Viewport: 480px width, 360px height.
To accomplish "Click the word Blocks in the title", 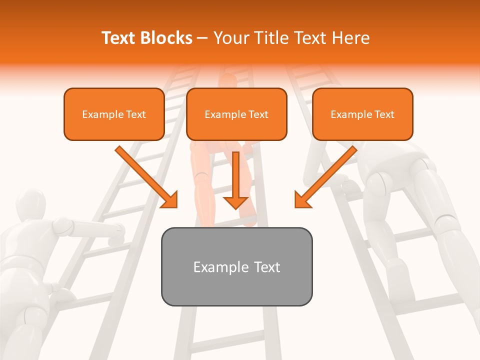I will (x=167, y=38).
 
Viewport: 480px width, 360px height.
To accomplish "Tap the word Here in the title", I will (x=349, y=38).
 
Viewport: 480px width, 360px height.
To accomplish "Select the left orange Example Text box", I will (x=114, y=114).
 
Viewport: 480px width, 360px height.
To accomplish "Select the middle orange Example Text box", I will (x=236, y=114).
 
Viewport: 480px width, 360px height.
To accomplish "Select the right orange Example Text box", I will (x=362, y=114).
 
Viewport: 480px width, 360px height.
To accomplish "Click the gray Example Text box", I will (x=236, y=266).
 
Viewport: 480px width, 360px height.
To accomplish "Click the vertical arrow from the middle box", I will (x=235, y=180).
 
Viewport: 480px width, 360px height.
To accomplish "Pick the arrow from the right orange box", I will (x=326, y=177).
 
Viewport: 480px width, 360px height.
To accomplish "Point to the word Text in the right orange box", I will (x=383, y=114).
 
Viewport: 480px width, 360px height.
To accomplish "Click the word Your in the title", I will (x=230, y=38).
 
